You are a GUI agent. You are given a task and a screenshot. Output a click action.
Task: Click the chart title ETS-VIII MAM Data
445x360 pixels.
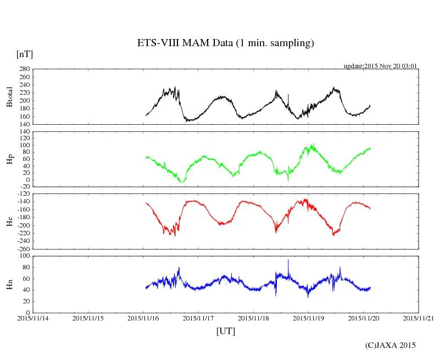(x=225, y=43)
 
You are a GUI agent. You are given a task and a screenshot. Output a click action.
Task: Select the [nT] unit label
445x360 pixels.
(x=24, y=54)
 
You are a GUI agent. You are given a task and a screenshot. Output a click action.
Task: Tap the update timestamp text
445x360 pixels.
(x=381, y=66)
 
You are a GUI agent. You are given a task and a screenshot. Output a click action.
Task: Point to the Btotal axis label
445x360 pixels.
(x=9, y=97)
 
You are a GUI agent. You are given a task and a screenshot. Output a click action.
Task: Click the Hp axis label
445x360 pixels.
(x=9, y=159)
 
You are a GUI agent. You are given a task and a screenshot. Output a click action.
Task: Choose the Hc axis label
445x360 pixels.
(x=9, y=221)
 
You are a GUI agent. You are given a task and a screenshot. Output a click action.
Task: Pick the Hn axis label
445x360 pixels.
(x=9, y=284)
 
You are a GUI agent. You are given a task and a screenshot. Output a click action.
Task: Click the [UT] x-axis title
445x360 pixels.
(x=225, y=331)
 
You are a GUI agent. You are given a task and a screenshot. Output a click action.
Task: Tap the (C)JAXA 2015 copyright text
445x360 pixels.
(x=391, y=345)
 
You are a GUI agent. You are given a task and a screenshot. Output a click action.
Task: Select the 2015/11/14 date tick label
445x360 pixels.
(x=33, y=318)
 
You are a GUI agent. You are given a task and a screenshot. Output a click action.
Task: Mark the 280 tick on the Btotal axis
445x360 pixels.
(x=24, y=69)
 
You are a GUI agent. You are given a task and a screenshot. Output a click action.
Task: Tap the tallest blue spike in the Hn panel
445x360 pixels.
(x=288, y=261)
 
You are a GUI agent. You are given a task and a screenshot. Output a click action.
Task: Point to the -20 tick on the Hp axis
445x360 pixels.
(x=24, y=186)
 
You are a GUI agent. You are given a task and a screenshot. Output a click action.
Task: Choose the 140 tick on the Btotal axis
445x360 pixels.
(x=24, y=124)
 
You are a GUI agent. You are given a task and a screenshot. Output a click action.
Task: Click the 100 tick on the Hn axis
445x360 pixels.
(x=24, y=256)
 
